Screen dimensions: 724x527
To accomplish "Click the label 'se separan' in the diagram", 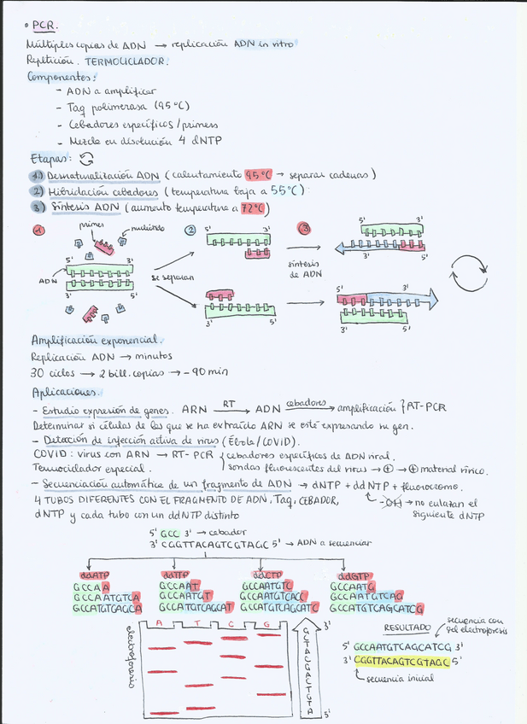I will (x=172, y=277).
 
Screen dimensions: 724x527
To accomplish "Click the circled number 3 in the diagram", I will (x=304, y=228).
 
